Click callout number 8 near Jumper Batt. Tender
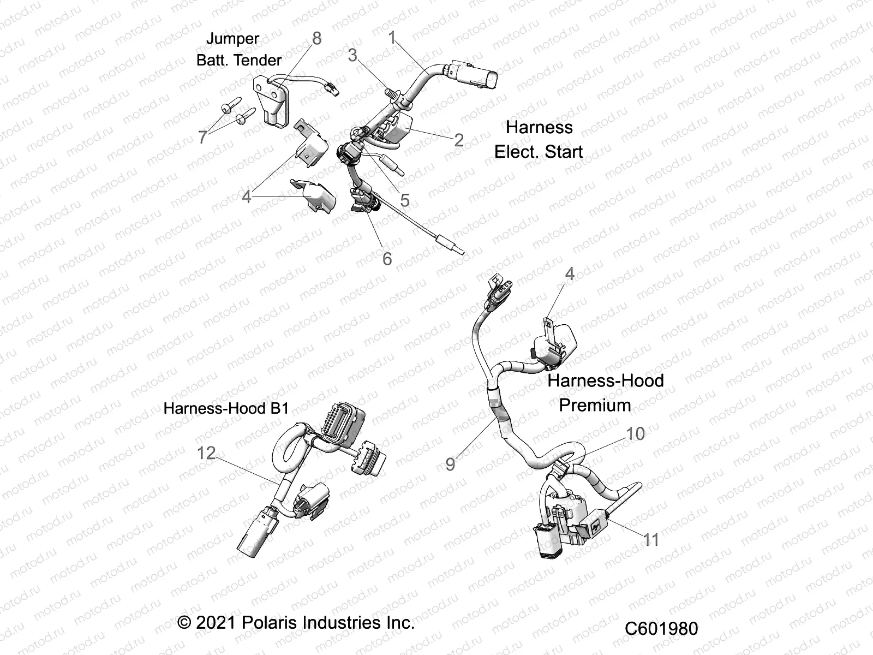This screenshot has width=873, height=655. point(316,38)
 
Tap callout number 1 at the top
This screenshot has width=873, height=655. point(392,37)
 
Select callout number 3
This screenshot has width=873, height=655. point(352,55)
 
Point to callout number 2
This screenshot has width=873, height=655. point(459,140)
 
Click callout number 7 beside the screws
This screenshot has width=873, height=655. point(202,136)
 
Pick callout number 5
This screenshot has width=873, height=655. point(404,200)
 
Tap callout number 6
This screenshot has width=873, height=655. point(387,258)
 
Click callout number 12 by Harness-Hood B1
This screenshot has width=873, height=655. point(206,452)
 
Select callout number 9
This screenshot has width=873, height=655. point(450,464)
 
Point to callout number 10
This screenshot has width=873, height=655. point(635,433)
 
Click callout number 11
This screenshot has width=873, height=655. point(651,540)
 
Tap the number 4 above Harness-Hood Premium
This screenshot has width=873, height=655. point(570,273)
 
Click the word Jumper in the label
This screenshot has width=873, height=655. point(232,39)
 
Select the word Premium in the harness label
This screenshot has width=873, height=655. point(595,405)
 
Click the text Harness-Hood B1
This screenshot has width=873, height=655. point(226,408)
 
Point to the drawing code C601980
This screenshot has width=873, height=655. point(661,628)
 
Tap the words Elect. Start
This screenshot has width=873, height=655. point(539,152)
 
